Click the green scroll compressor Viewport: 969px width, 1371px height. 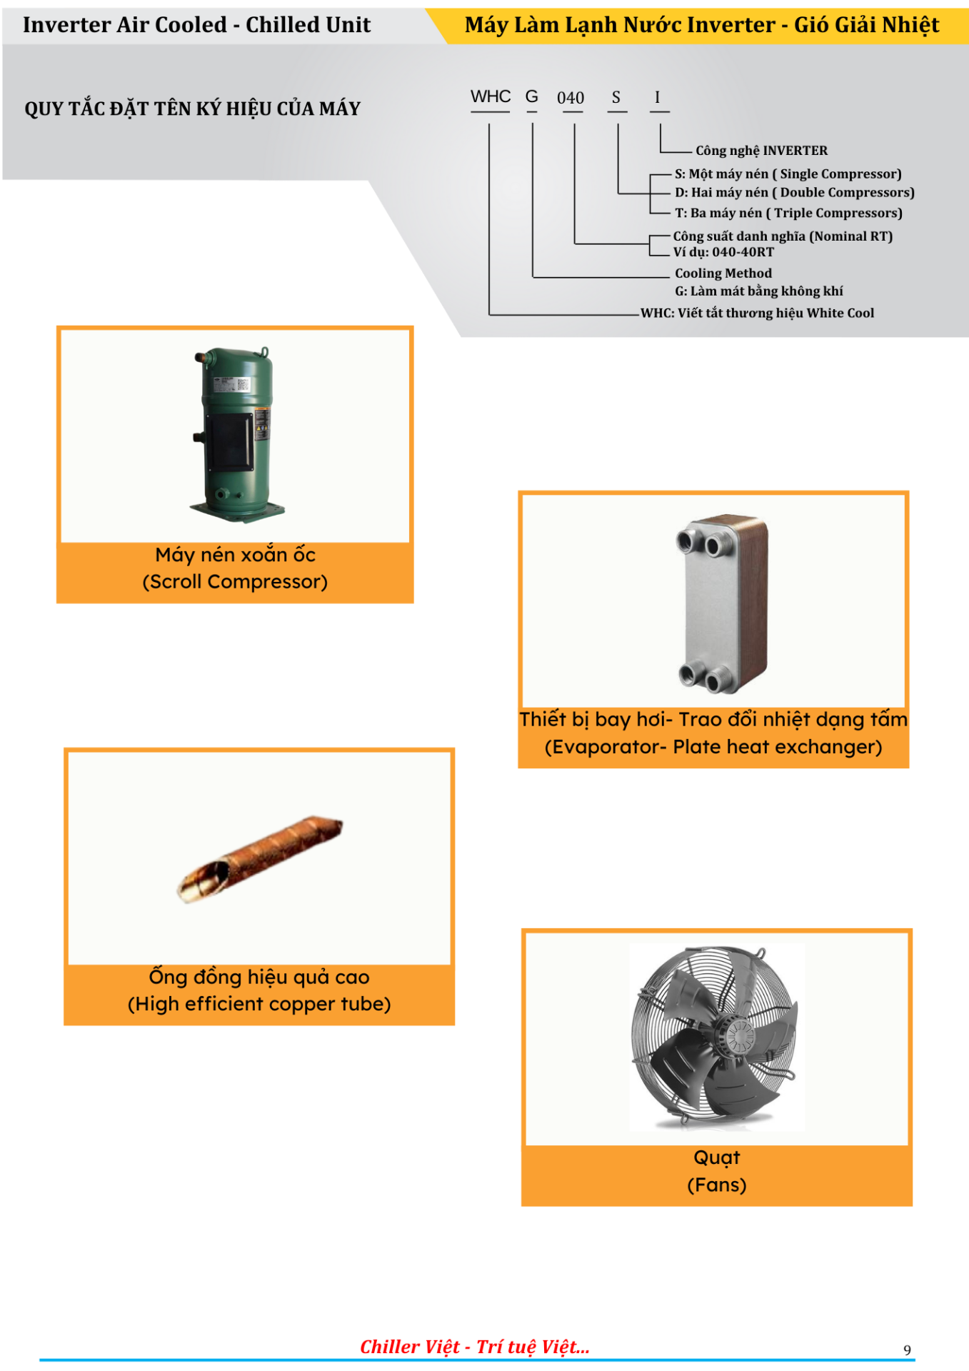236,433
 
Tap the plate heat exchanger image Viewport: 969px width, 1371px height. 723,603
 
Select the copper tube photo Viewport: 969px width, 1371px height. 260,858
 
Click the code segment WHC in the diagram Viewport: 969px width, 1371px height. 491,97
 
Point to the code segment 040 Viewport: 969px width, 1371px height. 571,98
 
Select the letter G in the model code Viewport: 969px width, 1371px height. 532,96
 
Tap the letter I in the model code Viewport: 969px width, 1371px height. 658,97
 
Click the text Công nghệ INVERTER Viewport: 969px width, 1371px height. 762,151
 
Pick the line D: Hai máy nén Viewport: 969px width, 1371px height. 795,193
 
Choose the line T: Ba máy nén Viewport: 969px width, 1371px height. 788,214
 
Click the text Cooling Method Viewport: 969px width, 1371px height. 723,273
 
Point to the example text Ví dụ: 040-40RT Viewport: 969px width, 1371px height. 724,252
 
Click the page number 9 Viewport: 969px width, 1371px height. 908,1350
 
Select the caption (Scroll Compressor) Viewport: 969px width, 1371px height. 235,582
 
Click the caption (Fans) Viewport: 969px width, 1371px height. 717,1185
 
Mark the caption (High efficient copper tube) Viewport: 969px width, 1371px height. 259,1004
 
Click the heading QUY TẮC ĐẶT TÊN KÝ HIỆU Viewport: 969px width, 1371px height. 192,109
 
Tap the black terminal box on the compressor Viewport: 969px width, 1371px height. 230,441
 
